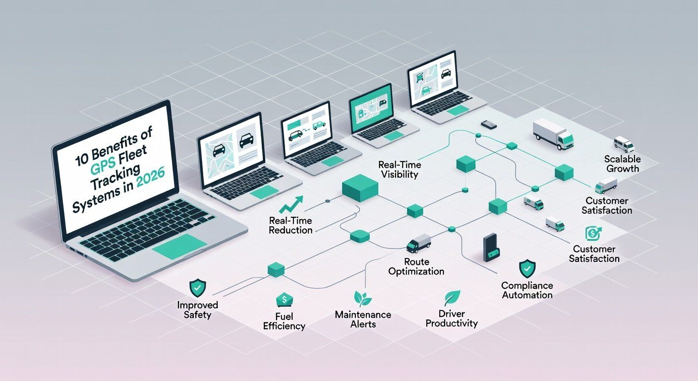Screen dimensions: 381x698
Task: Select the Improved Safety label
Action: tap(197, 310)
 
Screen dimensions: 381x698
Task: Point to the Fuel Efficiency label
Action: tap(285, 321)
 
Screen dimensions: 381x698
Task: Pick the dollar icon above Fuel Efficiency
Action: tap(284, 300)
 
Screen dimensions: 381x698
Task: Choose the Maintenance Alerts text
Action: tap(363, 319)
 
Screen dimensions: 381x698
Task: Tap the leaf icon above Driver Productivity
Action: tap(452, 298)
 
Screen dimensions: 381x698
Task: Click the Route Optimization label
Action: tap(416, 266)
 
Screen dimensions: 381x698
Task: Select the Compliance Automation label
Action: tap(526, 290)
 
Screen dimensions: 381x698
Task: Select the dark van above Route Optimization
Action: tap(418, 243)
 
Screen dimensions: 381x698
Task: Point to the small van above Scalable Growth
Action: tap(624, 144)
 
